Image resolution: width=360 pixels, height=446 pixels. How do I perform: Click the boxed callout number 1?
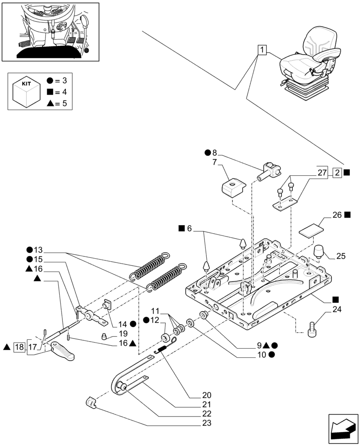coord(262,50)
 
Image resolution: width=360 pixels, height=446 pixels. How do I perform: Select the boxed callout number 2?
coord(337,172)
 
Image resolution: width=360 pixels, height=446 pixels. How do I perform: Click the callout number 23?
coord(206,423)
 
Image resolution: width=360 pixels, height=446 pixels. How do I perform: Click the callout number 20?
coord(206,395)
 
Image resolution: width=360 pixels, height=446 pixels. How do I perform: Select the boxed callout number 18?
coord(19,347)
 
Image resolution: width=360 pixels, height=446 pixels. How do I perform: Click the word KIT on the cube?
coord(25,83)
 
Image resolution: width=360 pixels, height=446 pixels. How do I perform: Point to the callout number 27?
coord(323,172)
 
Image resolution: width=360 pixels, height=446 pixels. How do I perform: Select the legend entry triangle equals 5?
coord(58,104)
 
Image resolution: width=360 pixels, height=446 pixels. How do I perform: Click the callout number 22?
coord(206,413)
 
